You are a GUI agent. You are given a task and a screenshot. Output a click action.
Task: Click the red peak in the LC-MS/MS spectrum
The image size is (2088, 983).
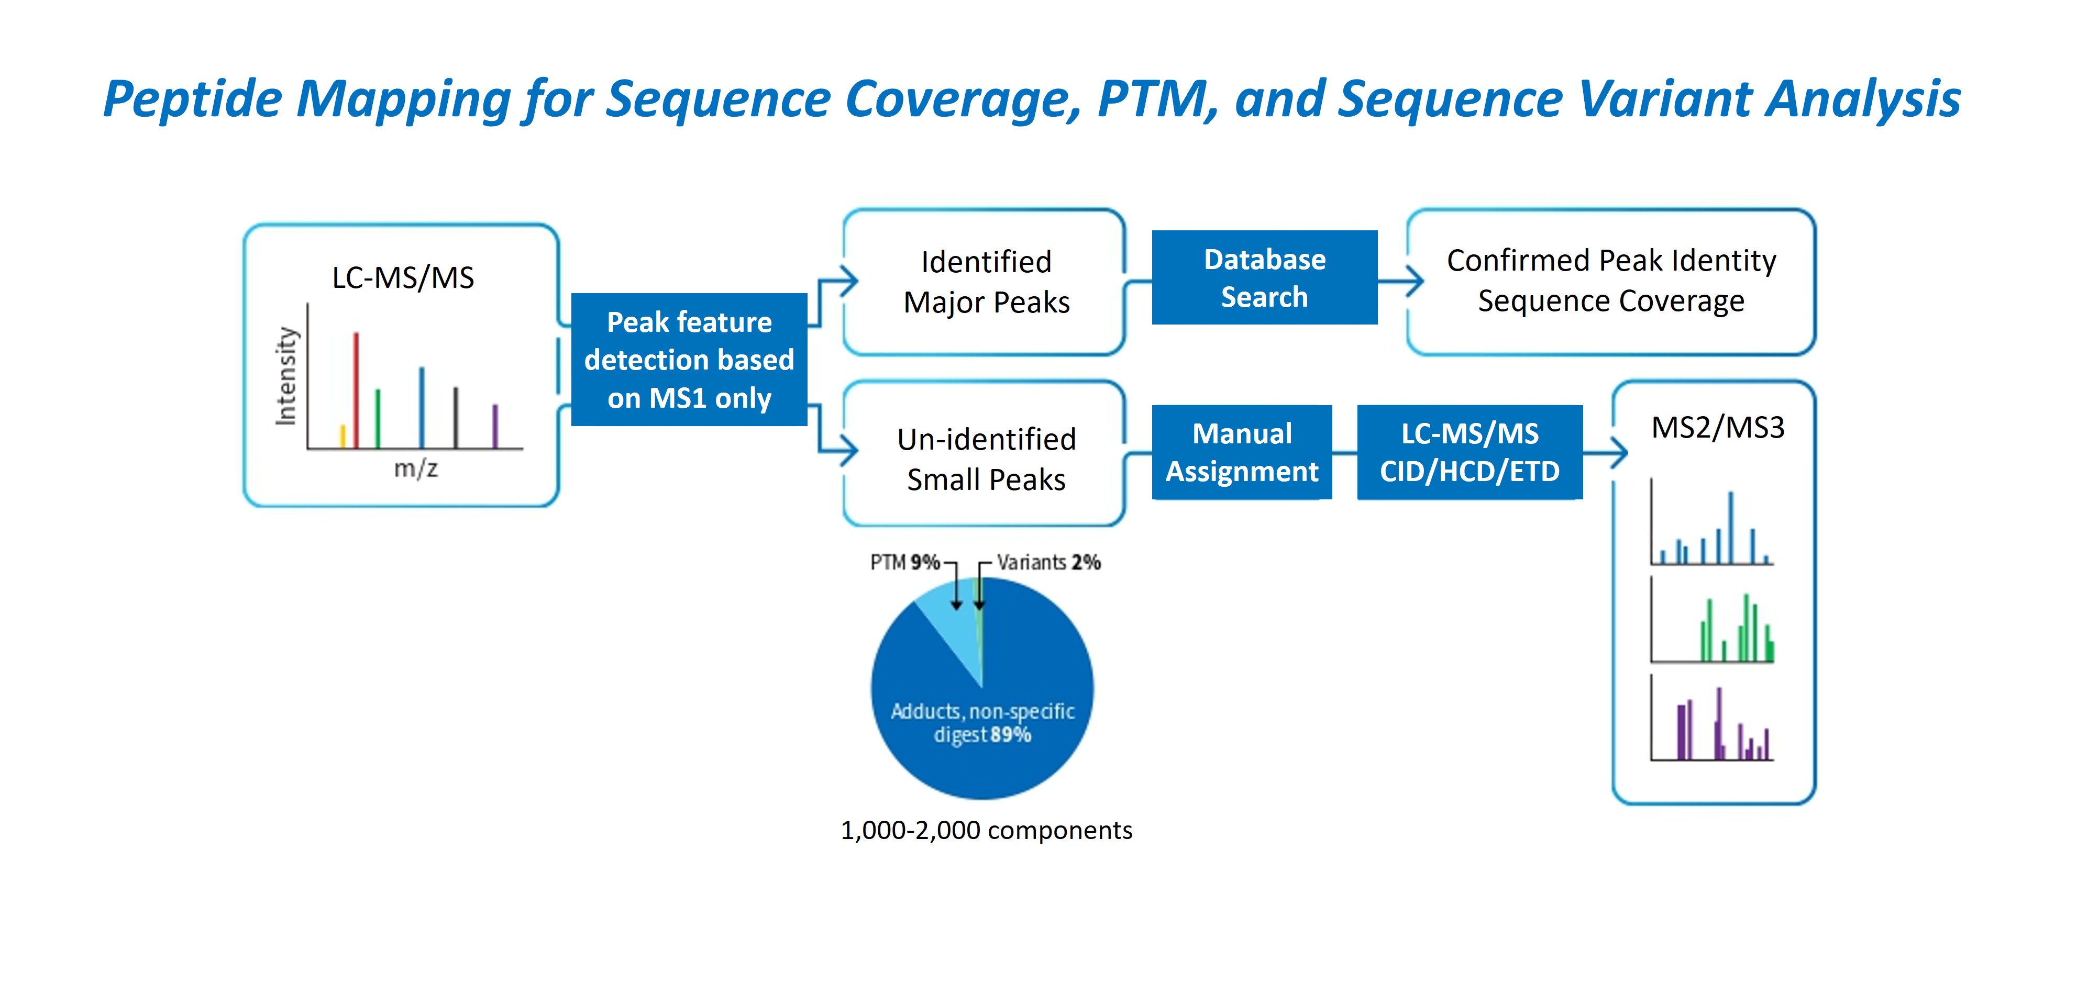point(356,389)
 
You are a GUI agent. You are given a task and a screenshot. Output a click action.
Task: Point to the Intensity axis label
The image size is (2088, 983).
point(286,376)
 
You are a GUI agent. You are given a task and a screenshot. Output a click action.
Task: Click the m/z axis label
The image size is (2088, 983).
point(416,468)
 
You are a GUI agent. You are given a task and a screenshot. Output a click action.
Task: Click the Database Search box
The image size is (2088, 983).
point(1264,278)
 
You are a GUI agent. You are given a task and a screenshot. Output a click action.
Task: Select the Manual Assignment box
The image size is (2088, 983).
point(1241,452)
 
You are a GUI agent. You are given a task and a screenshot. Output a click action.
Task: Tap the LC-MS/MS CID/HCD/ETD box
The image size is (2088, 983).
point(1469,452)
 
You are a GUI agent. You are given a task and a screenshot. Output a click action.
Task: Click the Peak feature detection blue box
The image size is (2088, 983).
point(689,360)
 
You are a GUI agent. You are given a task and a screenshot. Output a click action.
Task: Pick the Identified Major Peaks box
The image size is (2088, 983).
point(986,282)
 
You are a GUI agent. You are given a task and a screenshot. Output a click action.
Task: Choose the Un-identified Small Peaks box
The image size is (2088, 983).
point(986,459)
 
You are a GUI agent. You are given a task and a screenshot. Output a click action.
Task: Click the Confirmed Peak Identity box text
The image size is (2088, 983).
point(1610,281)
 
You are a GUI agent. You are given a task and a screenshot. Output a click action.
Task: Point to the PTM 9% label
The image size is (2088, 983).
point(904,562)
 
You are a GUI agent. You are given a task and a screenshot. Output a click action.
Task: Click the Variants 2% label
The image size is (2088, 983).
point(1048,562)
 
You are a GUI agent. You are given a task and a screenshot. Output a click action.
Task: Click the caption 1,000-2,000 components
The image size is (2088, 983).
point(986,831)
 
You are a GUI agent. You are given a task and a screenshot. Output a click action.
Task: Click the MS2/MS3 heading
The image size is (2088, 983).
point(1718,428)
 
